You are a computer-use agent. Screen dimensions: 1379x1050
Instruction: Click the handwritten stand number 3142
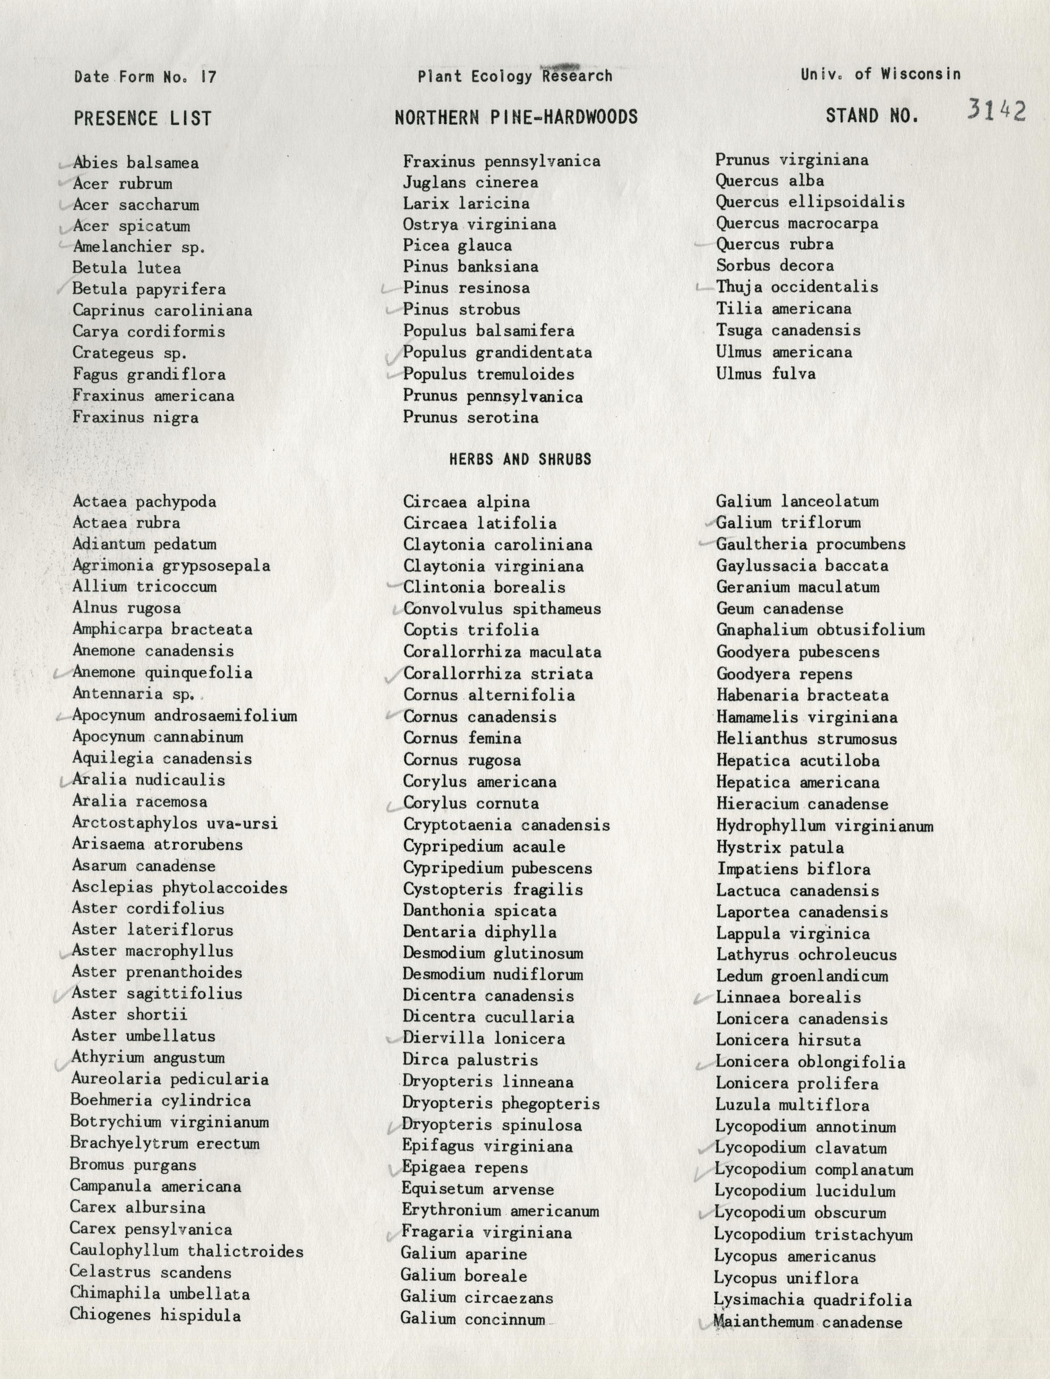click(996, 111)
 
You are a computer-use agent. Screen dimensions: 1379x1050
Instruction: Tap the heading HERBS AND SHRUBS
click(520, 460)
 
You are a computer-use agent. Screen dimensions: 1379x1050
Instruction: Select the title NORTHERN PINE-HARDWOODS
click(516, 117)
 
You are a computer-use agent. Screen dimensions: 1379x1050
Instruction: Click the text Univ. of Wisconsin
click(880, 74)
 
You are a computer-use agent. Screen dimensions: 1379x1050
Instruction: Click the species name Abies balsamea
click(135, 163)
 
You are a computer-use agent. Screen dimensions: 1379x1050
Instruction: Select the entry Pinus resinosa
click(466, 288)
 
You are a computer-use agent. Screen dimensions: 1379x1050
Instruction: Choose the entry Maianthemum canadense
click(808, 1322)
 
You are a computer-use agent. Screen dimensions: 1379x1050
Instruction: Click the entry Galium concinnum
click(473, 1319)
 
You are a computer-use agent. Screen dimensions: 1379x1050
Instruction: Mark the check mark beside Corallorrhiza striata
click(394, 675)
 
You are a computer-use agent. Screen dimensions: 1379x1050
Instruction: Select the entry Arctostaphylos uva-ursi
click(175, 823)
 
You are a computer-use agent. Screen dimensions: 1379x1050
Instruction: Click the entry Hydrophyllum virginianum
click(825, 826)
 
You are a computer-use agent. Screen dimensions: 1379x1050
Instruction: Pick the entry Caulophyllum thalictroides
click(186, 1251)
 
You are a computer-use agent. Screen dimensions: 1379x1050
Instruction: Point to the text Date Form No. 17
click(145, 77)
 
